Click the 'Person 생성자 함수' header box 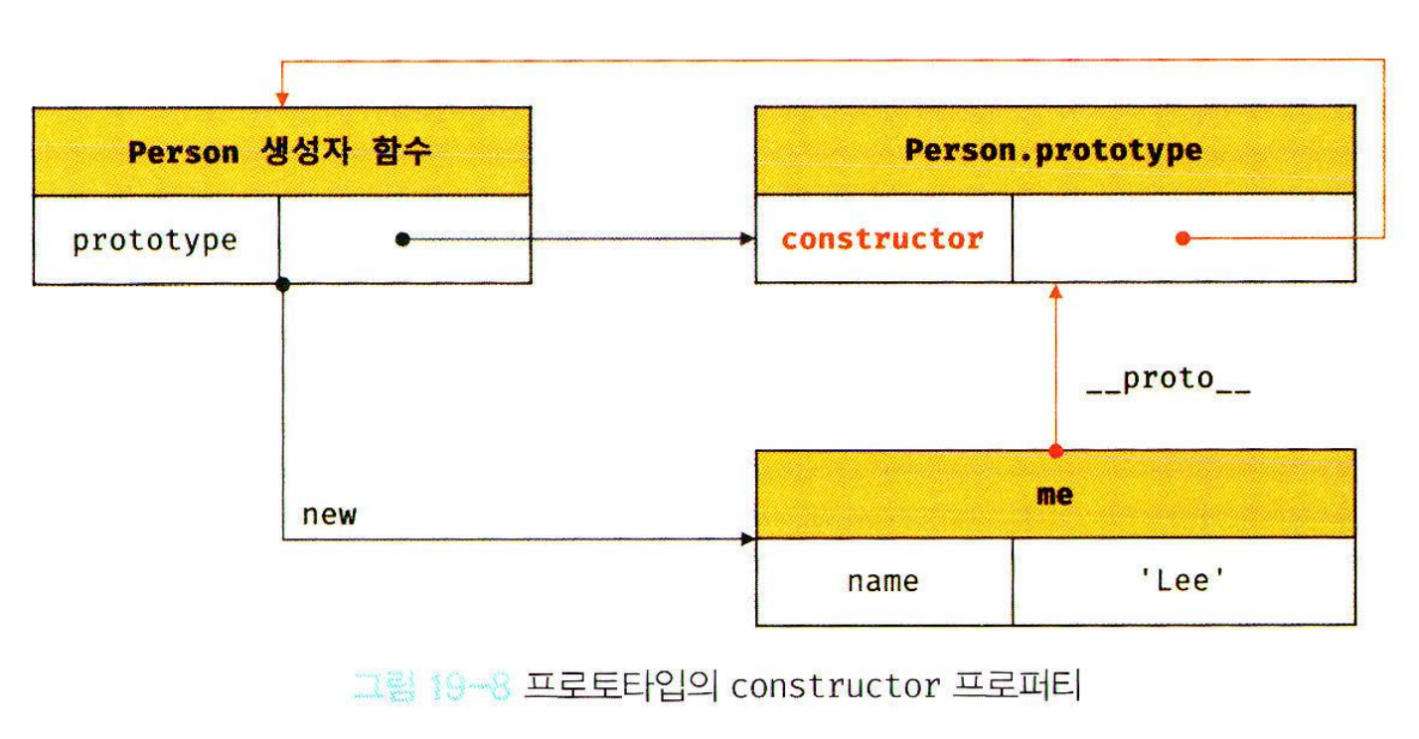281,152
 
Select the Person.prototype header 1053,151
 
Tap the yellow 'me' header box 1053,494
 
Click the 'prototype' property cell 155,240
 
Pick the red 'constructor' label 882,239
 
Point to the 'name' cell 882,581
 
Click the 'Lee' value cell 1182,581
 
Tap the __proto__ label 1168,379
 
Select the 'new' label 328,515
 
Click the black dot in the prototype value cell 401,239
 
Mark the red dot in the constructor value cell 1182,239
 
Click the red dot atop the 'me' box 1055,451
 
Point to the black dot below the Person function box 282,285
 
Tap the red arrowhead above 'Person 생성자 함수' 282,98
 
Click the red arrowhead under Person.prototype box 1055,292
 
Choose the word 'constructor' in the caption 834,685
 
